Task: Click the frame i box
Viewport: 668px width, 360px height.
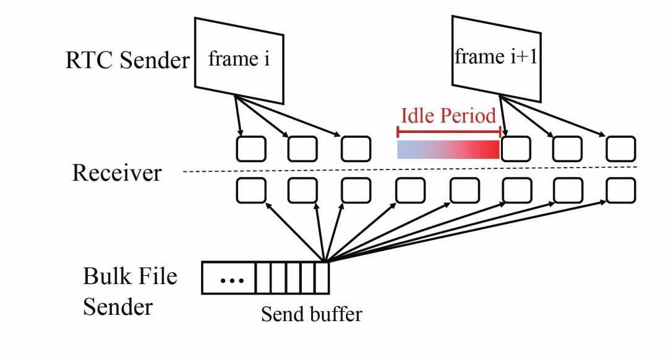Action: tap(239, 60)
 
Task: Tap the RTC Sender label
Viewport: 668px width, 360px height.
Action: tap(127, 61)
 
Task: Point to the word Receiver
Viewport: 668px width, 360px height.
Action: tap(117, 173)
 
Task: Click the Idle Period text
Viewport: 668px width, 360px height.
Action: tap(448, 116)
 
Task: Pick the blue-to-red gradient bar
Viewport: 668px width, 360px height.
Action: tap(448, 149)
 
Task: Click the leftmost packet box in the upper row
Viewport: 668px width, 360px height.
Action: tap(251, 148)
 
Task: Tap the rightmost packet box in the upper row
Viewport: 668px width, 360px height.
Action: tap(620, 148)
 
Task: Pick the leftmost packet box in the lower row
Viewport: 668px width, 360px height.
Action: tap(251, 191)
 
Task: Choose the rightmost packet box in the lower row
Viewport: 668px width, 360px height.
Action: tap(620, 191)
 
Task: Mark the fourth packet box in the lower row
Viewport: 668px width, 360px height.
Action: tap(410, 191)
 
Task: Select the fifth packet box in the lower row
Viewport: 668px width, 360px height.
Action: tap(463, 191)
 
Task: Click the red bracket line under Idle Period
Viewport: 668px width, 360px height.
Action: tap(448, 131)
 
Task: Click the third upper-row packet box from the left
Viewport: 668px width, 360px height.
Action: tap(356, 148)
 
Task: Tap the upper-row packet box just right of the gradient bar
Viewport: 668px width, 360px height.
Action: tap(515, 148)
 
